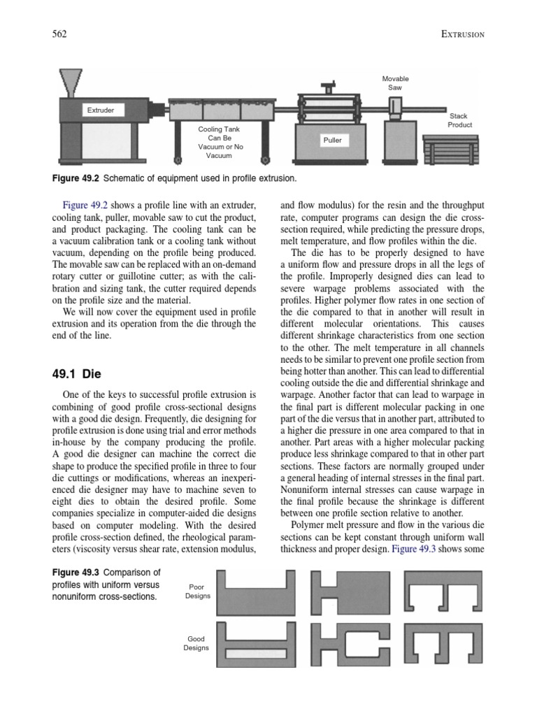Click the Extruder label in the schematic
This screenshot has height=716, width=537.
click(x=100, y=110)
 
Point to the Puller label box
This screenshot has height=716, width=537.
click(x=332, y=140)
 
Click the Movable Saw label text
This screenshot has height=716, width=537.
click(x=395, y=83)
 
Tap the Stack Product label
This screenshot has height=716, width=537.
click(x=459, y=120)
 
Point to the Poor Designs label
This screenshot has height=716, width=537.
click(x=196, y=592)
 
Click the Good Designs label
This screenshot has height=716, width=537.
click(x=196, y=643)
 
